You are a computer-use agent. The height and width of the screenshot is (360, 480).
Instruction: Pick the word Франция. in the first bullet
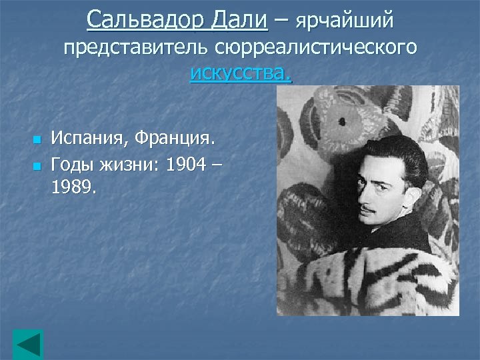175,139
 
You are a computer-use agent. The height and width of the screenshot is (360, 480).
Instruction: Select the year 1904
186,164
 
